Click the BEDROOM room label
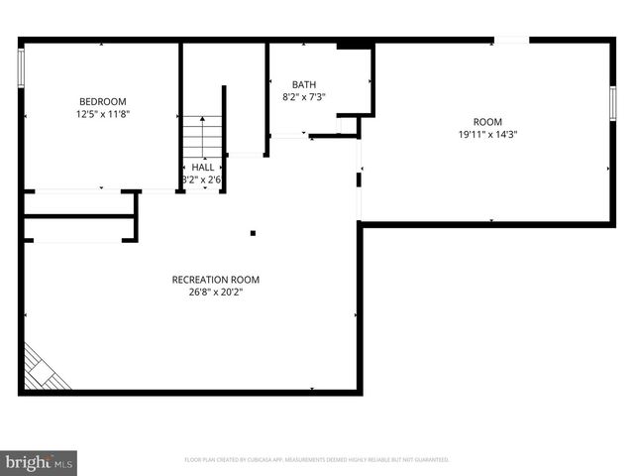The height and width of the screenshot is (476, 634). [x=102, y=101]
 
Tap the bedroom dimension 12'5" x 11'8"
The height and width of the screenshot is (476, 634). [x=102, y=114]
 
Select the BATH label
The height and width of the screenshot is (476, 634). [x=304, y=84]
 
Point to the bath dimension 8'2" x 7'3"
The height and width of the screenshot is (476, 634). [x=304, y=97]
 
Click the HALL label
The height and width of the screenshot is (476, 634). [x=202, y=167]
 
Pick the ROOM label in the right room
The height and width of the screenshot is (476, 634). [x=487, y=121]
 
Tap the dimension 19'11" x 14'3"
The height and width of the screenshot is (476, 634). [x=487, y=134]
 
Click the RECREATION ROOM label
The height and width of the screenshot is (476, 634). [x=215, y=280]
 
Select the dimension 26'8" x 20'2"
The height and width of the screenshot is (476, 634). [x=215, y=293]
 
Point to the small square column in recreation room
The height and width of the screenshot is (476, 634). [x=254, y=233]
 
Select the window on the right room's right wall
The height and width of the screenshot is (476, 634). [x=613, y=102]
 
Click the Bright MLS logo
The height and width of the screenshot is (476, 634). [x=40, y=462]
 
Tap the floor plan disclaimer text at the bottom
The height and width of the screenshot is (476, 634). [x=317, y=460]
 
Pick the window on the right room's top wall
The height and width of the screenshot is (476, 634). [x=511, y=40]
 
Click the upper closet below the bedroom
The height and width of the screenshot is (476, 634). [x=79, y=203]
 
